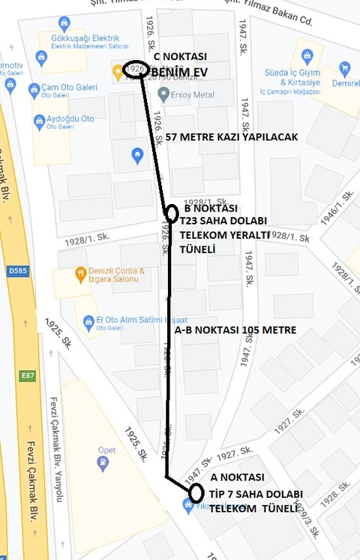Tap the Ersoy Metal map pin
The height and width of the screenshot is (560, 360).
pos(164,95)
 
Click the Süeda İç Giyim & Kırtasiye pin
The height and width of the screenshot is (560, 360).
pos(307,56)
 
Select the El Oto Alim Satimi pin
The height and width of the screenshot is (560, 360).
pos(89,321)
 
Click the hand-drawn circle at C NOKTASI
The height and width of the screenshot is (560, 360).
pos(136,69)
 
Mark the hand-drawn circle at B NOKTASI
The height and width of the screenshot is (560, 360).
pos(171,213)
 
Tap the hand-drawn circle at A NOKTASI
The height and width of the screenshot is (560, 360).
pos(197,493)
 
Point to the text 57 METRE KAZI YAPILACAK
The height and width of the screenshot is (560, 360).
pos(234,137)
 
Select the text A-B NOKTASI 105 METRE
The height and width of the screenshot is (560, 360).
pos(235,330)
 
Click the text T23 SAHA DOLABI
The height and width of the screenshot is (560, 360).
pos(223,221)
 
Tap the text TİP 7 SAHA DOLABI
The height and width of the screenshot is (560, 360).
pos(256,494)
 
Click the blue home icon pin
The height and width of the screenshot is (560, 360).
pos(136,156)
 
